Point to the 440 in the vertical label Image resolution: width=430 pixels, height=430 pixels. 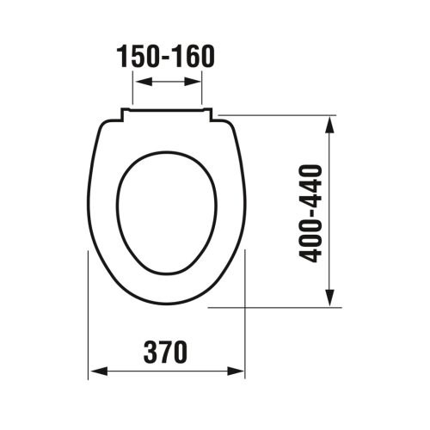point(312,183)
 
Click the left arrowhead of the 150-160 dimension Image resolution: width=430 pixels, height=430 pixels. point(138,82)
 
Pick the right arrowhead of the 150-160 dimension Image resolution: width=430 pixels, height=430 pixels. point(197,82)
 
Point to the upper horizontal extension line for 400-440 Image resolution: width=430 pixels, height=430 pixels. point(275,115)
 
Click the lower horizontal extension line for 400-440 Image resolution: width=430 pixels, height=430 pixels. point(275,305)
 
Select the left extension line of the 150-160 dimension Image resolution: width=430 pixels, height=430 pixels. point(132,90)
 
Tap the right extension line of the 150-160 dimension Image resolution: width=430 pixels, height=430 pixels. point(203,90)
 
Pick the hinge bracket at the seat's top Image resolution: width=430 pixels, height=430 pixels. point(167,111)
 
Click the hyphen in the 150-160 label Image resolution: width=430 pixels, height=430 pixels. point(166,58)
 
